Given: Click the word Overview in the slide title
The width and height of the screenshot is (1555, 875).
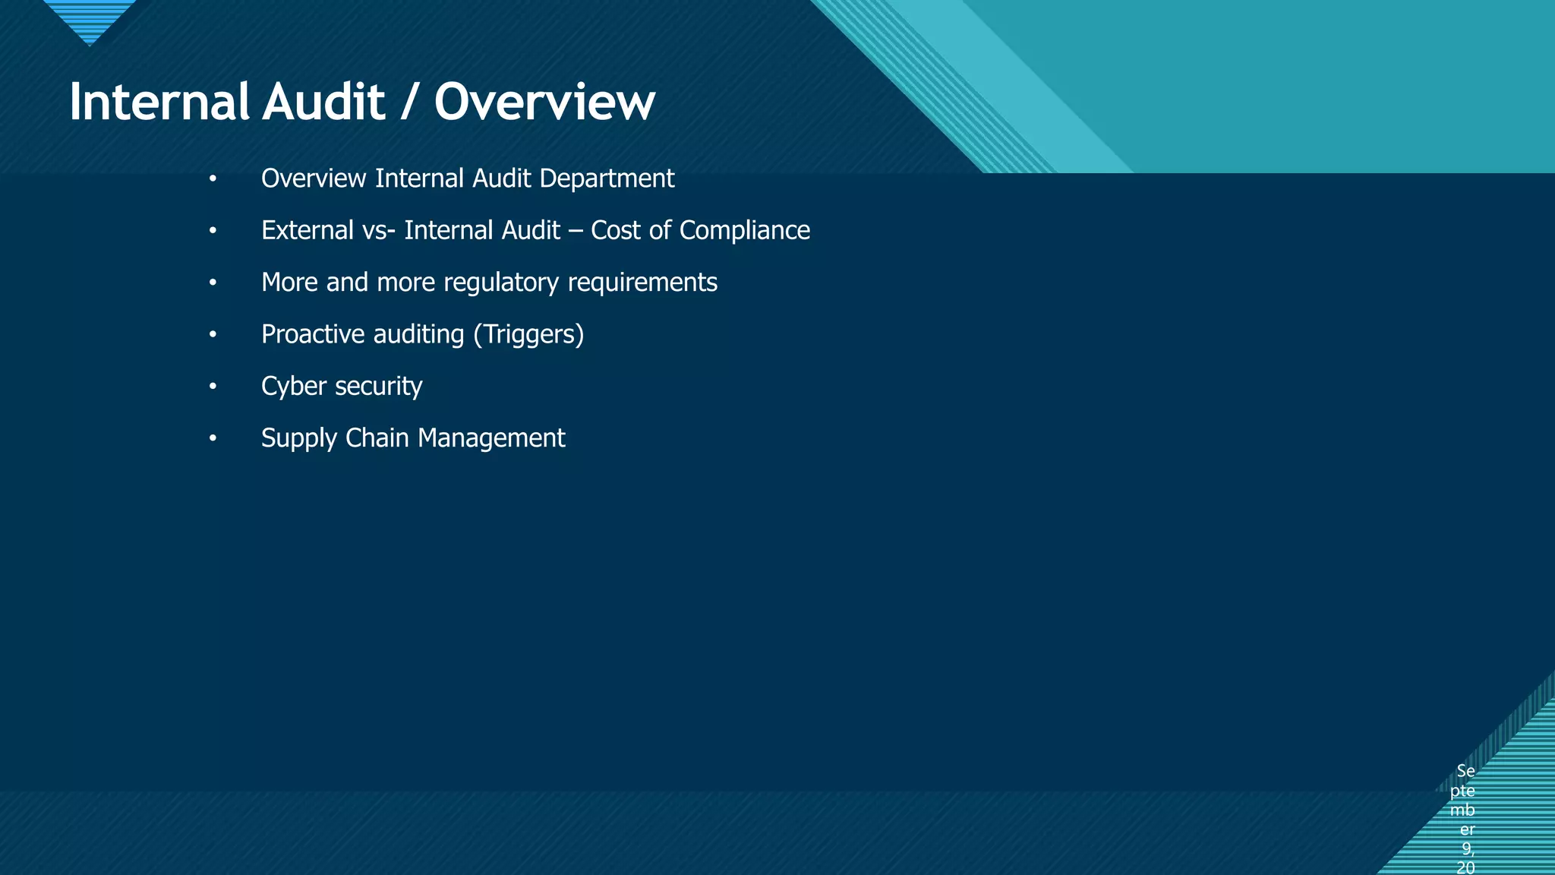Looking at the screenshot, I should [544, 102].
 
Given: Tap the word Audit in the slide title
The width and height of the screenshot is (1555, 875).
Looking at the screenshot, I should [323, 102].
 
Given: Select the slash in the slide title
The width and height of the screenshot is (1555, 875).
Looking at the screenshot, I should [409, 103].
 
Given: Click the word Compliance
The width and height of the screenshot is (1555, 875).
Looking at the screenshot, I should [744, 230].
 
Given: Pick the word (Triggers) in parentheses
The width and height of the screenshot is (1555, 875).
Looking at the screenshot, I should [528, 335].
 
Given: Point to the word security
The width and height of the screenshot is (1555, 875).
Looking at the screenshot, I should [379, 387].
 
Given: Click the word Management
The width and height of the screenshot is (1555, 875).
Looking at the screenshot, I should [491, 438].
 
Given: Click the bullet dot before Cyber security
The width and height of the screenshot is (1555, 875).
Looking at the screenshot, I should [213, 387].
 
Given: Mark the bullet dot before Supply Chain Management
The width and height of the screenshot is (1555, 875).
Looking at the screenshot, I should [213, 438].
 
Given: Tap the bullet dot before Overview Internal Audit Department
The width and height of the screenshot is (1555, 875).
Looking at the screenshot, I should [213, 179].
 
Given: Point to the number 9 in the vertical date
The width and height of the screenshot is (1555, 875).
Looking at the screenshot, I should [1467, 848].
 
